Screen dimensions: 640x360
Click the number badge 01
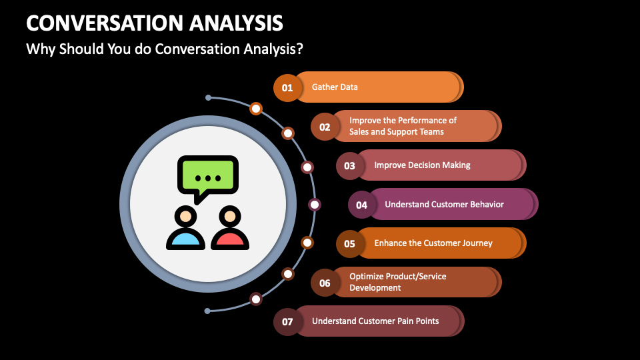(287, 88)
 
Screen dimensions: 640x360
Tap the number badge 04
(361, 205)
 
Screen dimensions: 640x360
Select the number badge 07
(287, 321)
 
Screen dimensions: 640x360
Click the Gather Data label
(335, 87)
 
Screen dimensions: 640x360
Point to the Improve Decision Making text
(422, 165)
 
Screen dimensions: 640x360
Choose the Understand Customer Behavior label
(444, 204)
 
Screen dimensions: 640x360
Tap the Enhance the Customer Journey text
(433, 243)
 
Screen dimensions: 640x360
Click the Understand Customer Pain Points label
(375, 321)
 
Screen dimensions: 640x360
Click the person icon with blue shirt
(186, 228)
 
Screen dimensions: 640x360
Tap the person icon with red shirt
(230, 228)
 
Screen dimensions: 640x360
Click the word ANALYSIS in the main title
(236, 23)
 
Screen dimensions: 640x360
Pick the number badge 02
(325, 127)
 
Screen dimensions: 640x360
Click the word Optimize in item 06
(366, 277)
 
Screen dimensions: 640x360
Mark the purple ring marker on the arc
(314, 205)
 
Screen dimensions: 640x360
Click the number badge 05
(350, 244)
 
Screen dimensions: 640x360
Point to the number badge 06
(325, 283)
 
